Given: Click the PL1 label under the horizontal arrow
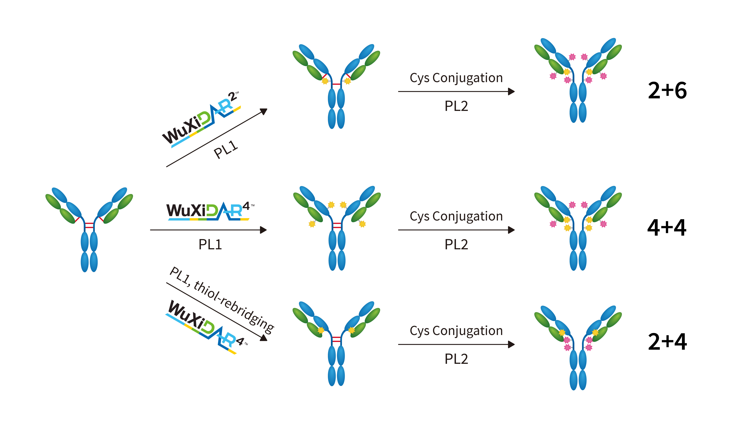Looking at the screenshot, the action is point(210,244).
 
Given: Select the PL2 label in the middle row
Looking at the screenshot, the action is point(456,244).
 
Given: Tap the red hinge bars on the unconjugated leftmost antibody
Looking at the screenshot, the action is point(89,225).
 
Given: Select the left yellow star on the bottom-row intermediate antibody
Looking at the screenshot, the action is point(321,330).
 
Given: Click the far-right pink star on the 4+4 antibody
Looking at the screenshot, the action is point(603,224).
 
